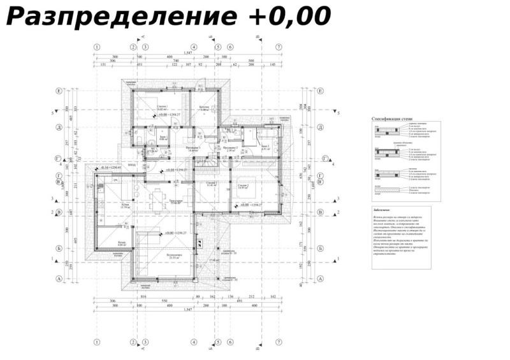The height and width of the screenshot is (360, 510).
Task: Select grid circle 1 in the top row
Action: tap(97, 47)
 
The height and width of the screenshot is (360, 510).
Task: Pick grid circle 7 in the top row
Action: tap(279, 47)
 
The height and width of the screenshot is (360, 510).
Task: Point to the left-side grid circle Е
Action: tap(59, 91)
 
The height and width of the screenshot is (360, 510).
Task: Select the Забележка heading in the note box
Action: tap(385, 210)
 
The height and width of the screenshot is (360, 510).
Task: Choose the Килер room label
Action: tap(122, 243)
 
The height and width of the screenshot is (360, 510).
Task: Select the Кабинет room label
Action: tap(203, 106)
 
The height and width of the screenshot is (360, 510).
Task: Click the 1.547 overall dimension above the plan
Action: tap(188, 53)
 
